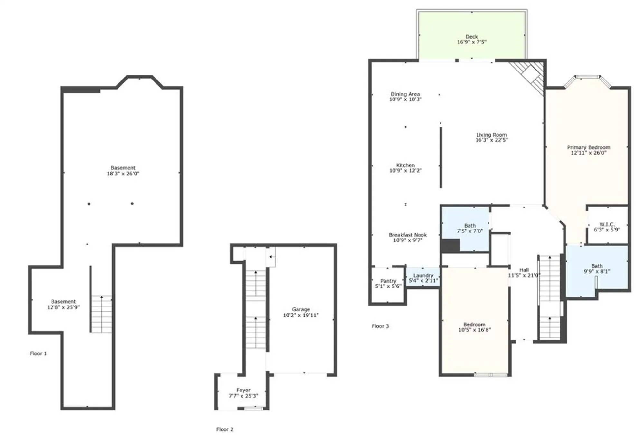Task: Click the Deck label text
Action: coord(471,37)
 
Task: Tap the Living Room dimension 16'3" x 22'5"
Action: coord(491,140)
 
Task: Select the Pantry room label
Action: coord(388,281)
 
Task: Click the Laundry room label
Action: coord(423,275)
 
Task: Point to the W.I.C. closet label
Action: coord(607,224)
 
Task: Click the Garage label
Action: coord(301,309)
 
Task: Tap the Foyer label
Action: coord(243,390)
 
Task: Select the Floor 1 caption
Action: coord(38,353)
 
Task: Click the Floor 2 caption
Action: coord(225,429)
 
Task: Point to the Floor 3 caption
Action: coord(380,326)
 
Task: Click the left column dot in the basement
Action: coord(89,204)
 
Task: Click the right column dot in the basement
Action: coord(132,203)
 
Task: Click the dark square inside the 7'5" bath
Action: coord(450,246)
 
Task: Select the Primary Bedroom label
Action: coord(589,147)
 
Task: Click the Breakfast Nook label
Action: coord(408,235)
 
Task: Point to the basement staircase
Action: coord(102,314)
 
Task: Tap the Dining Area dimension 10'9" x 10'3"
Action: coord(405,99)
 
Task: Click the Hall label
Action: coord(524,270)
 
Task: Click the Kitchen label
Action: coord(405,165)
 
